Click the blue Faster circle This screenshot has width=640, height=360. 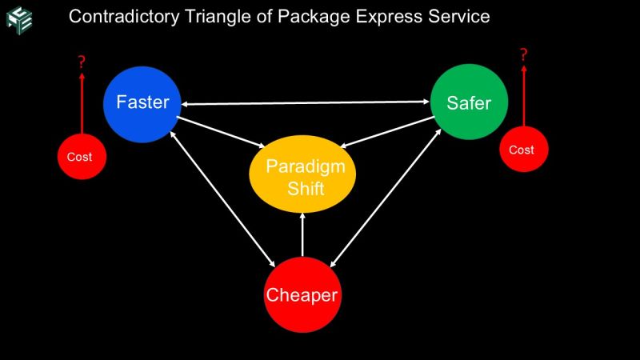(x=142, y=103)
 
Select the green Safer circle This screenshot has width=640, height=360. (x=469, y=102)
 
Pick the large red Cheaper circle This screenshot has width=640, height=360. (x=302, y=294)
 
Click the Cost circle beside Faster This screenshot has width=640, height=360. (x=80, y=157)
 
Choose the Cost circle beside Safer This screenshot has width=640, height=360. (x=522, y=150)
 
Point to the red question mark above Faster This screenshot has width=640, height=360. (x=81, y=62)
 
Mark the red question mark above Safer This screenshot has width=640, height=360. (x=524, y=55)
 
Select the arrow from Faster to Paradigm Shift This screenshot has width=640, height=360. (x=221, y=132)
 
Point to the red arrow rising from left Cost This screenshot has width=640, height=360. (x=81, y=104)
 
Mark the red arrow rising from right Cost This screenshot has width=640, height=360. (x=524, y=96)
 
